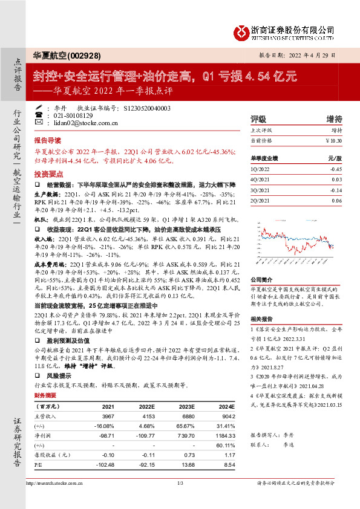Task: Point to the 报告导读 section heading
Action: click(48, 138)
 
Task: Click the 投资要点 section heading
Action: click(48, 172)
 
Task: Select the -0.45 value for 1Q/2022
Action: click(336, 170)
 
